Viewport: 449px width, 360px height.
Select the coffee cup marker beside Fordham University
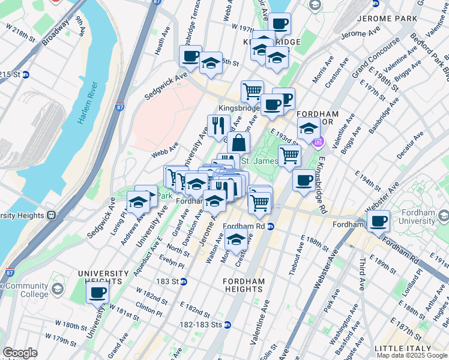(378, 221)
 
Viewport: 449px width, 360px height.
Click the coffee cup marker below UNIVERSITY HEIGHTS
(97, 293)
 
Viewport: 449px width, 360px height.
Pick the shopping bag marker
(238, 143)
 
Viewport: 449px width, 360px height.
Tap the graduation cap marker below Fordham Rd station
(237, 239)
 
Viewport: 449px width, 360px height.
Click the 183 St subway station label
(172, 281)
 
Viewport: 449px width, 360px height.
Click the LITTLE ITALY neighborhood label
(402, 349)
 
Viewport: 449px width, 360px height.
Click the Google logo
(20, 353)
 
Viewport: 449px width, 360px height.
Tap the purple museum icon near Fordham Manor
(318, 142)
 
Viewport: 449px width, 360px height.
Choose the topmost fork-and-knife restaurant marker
(218, 125)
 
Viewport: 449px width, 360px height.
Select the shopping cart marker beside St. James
(289, 155)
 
